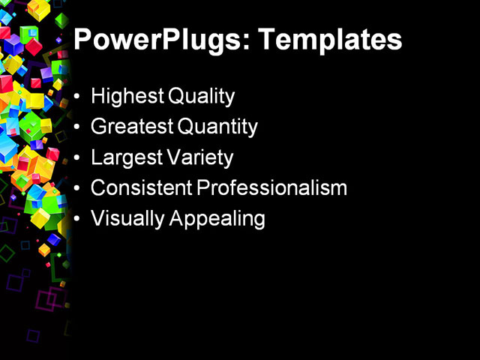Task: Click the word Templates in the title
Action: point(329,39)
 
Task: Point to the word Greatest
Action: point(131,127)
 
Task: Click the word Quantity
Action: point(217,127)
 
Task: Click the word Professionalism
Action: point(272,188)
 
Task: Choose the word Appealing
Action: point(217,219)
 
